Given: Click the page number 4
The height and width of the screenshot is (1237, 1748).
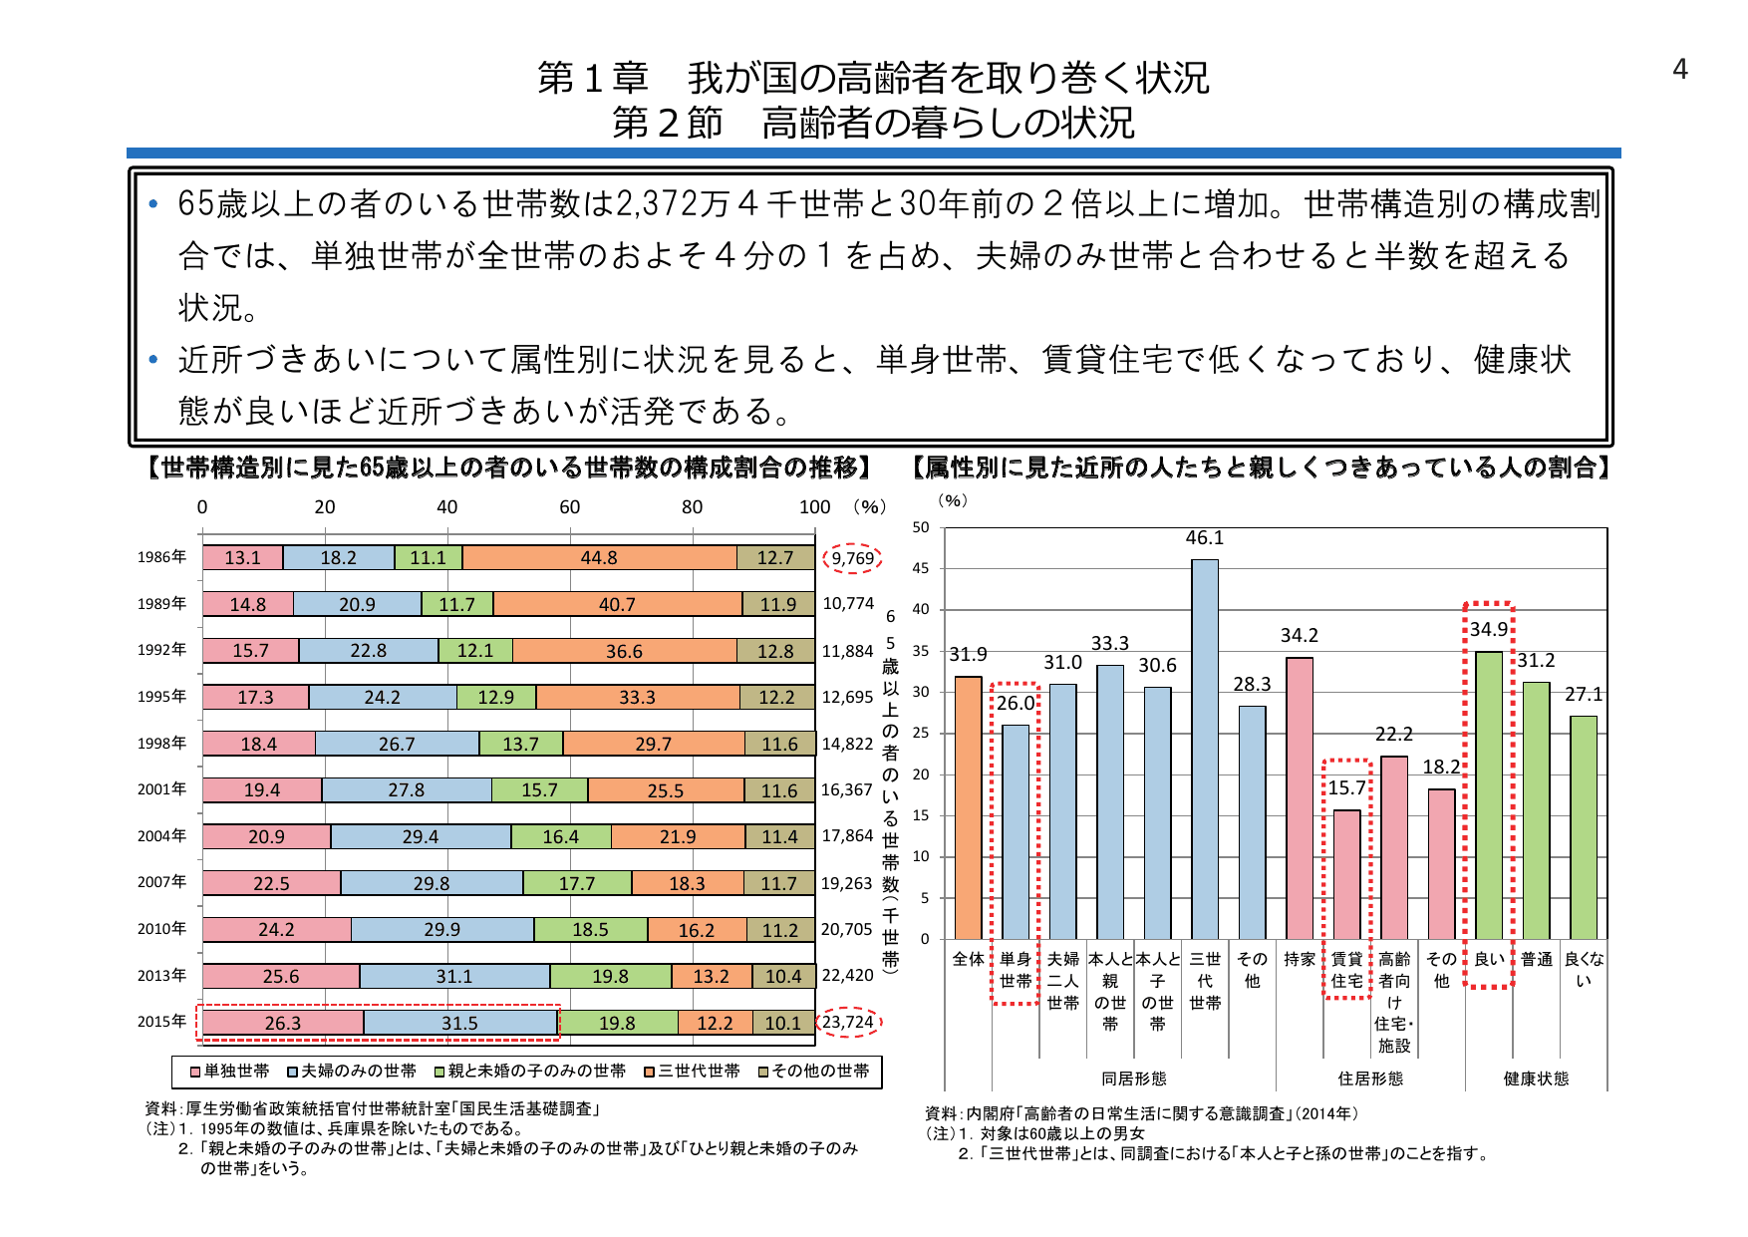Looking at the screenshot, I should pos(1679,69).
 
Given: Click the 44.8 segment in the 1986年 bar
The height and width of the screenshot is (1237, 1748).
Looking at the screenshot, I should pos(599,558).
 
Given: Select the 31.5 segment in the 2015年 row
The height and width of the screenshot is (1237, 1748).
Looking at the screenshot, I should pos(459,1023).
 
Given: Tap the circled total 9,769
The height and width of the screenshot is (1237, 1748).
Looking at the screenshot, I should pos(852,558).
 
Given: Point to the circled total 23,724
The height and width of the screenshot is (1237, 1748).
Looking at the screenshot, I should pos(848,1022).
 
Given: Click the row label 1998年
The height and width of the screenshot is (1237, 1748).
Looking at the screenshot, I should pos(161,743).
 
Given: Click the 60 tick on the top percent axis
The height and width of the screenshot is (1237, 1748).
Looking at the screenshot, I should pos(569,506).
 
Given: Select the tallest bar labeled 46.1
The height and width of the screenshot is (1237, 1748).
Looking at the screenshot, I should pos(1204,748).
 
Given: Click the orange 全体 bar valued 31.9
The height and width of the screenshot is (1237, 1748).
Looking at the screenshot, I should pos(968,807).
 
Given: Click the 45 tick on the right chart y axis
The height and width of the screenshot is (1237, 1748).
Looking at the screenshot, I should pos(920,568).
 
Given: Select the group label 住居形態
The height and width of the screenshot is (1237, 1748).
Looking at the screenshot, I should pos(1370,1079).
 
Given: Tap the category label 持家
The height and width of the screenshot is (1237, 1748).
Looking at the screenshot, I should pos(1299,959).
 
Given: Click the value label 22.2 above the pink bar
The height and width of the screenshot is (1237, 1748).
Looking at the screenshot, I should pos(1393,735).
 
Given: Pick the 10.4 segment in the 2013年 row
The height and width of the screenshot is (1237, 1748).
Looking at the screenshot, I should pos(783,977).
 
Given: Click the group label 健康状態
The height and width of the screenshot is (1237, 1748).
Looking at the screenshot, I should pos(1536,1079).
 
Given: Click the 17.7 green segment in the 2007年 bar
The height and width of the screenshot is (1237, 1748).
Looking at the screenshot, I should pos(576,883).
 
